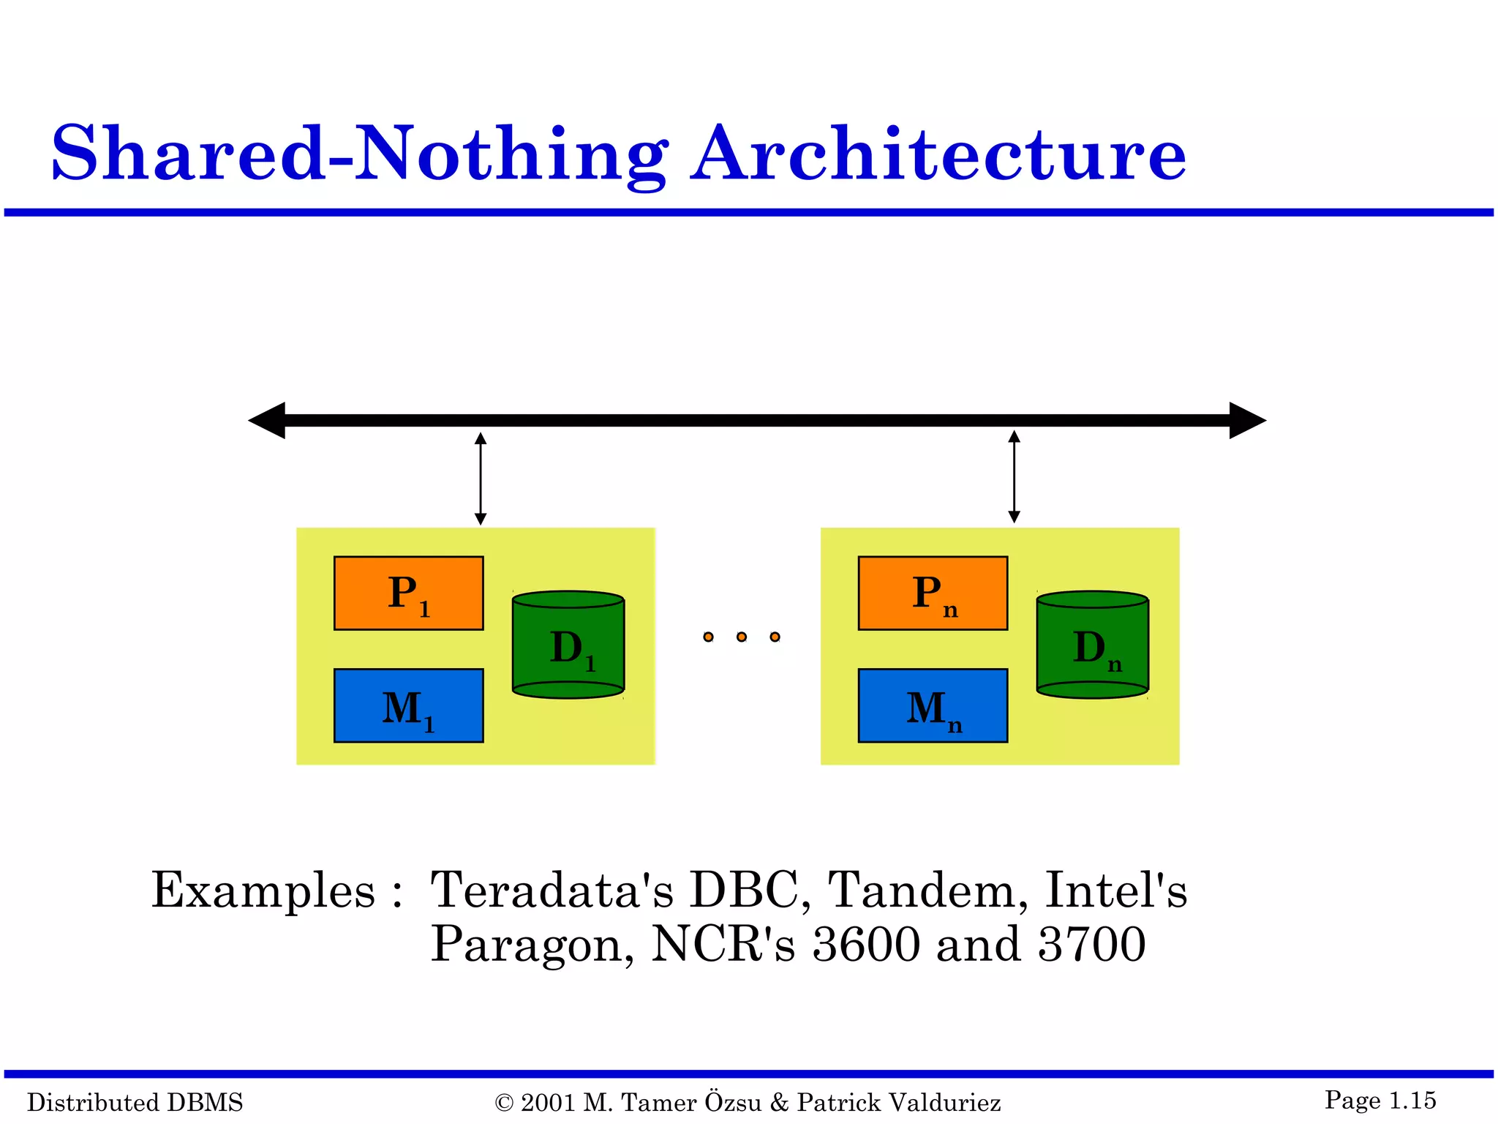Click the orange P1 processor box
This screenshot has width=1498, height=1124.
408,593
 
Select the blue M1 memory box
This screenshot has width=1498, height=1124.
408,705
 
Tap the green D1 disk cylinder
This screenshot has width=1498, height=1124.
568,645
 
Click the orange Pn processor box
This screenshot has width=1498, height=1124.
933,593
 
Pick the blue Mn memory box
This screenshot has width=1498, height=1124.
933,705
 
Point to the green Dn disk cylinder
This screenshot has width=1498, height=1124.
1092,645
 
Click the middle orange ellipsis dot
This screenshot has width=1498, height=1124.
742,637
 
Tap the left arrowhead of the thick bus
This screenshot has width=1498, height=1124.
268,420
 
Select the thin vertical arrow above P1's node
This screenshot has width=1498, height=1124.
481,479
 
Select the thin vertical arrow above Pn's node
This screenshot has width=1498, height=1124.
1014,477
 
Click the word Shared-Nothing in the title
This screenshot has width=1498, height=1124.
358,154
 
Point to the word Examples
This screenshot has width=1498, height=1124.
263,891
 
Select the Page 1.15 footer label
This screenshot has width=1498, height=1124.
1380,1100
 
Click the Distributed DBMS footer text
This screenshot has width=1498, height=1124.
135,1102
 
